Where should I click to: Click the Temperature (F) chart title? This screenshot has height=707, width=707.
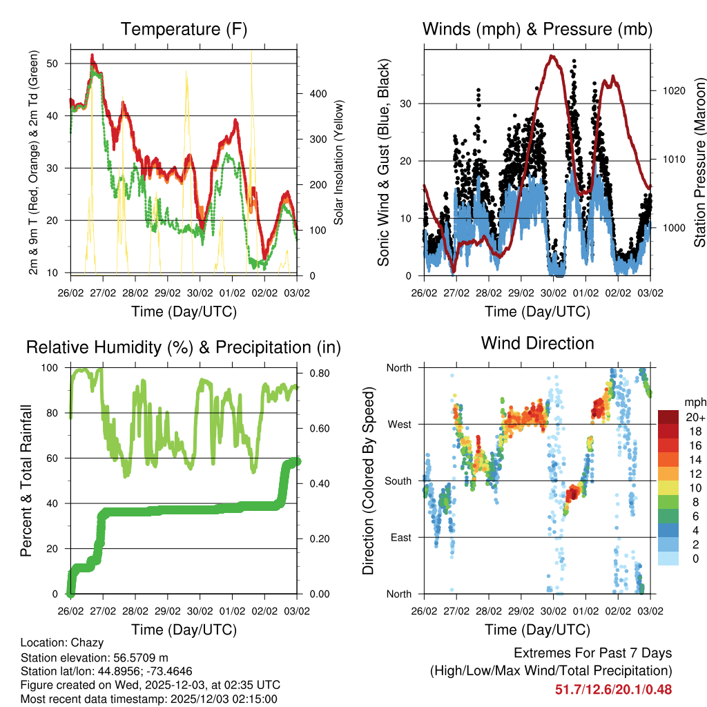pos(184,29)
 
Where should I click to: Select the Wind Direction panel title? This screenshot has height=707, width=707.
pos(537,342)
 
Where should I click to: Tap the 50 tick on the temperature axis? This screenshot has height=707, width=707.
pos(59,64)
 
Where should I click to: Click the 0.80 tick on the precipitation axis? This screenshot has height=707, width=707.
pos(313,374)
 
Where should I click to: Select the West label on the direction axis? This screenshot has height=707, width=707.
pos(398,424)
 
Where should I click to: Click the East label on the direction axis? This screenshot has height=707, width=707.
pos(400,537)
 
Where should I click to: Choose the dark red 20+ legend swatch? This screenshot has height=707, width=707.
pos(670,417)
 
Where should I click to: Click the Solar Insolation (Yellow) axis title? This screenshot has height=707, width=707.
pos(339,163)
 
